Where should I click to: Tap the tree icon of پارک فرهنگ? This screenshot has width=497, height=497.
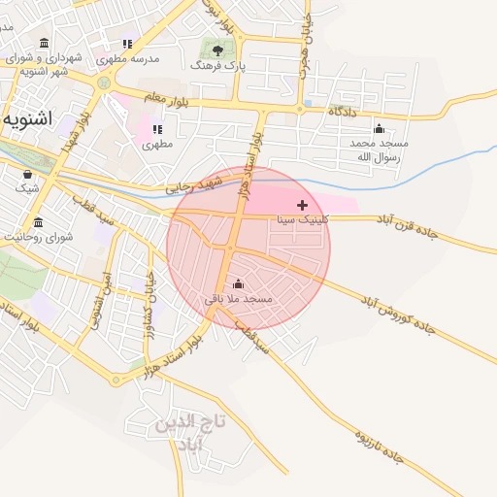pyautogui.click(x=216, y=48)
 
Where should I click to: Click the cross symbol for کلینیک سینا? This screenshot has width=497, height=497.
pyautogui.click(x=303, y=205)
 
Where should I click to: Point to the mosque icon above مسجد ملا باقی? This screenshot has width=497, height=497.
pyautogui.click(x=238, y=282)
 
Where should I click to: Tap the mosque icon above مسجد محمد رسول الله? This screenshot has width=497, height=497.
pyautogui.click(x=379, y=128)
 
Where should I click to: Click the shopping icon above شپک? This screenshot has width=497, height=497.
pyautogui.click(x=27, y=174)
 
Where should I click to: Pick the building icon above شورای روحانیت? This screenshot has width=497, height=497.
pyautogui.click(x=38, y=222)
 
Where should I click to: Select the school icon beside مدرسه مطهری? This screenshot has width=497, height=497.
pyautogui.click(x=127, y=44)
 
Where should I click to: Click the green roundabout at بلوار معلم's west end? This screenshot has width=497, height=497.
pyautogui.click(x=103, y=83)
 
